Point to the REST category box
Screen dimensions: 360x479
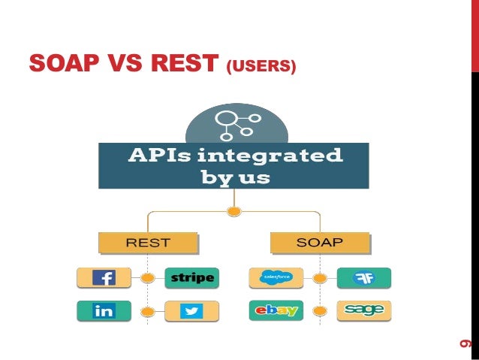point(147,243)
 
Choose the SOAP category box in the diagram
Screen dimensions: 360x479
point(320,243)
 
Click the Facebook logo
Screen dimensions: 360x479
point(104,278)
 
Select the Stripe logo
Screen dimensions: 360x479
point(192,278)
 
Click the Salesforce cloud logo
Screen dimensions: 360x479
point(276,278)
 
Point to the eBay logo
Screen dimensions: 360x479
point(276,310)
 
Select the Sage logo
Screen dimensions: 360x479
point(364,310)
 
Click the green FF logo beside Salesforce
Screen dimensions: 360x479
point(364,278)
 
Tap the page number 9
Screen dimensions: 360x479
point(465,343)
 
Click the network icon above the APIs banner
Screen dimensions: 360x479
point(234,123)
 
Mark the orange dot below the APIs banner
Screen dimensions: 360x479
point(234,211)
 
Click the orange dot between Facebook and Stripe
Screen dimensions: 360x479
point(148,278)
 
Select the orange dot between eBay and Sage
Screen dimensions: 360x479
point(320,310)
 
